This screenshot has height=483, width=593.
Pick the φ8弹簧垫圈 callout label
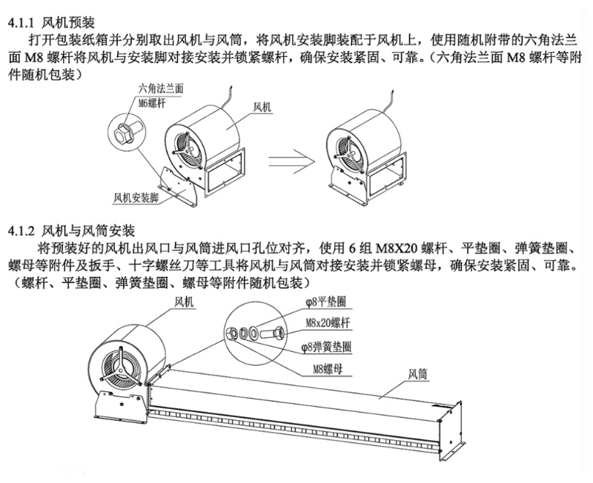click(x=326, y=346)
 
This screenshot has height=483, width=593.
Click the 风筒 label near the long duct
click(x=417, y=375)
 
